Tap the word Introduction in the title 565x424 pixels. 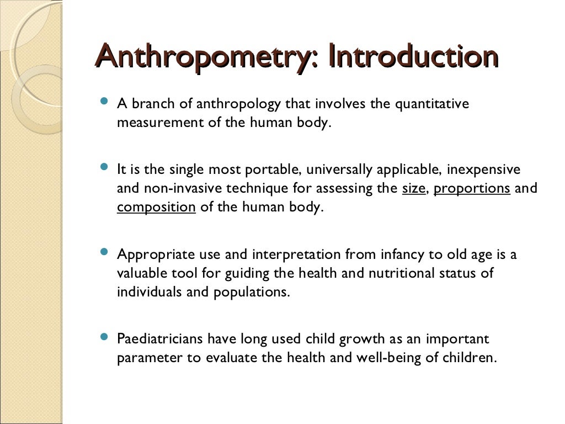tap(413, 57)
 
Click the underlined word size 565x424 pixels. tap(414, 188)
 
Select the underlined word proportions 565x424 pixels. tap(472, 188)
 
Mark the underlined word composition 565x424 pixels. tap(156, 207)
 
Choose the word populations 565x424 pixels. tap(251, 292)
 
